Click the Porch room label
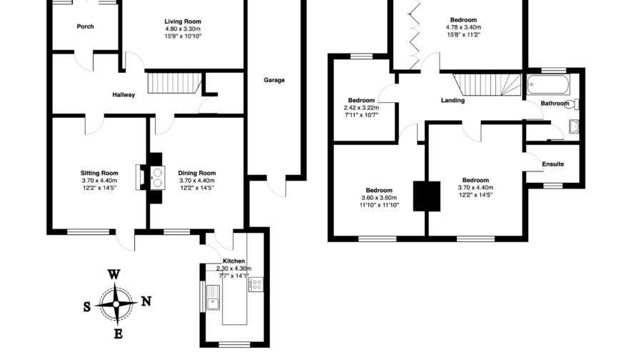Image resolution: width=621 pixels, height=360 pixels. tap(85, 26)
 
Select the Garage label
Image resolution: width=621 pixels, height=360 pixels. tap(274, 80)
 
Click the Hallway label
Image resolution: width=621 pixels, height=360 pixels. tap(123, 95)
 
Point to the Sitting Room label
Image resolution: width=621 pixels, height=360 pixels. tap(99, 173)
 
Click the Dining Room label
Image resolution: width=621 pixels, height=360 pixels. tap(196, 173)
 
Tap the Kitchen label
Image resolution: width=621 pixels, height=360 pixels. tap(233, 261)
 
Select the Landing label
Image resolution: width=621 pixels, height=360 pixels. tap(453, 101)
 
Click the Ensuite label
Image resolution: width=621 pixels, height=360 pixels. tap(552, 164)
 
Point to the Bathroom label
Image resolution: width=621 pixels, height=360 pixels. tap(554, 104)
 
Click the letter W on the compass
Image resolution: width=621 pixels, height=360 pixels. tap(113, 274)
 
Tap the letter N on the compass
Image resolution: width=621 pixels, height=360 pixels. tap(146, 301)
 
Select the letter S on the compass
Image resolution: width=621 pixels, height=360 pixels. tap(87, 307)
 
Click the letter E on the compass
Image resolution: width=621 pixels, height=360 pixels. tap(118, 334)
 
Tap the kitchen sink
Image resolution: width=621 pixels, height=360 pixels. tap(212, 304)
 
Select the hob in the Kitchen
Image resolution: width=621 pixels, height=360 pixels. tap(256, 284)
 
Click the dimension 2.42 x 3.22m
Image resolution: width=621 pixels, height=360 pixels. tap(361, 108)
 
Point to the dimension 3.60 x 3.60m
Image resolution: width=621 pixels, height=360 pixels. tap(377, 197)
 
